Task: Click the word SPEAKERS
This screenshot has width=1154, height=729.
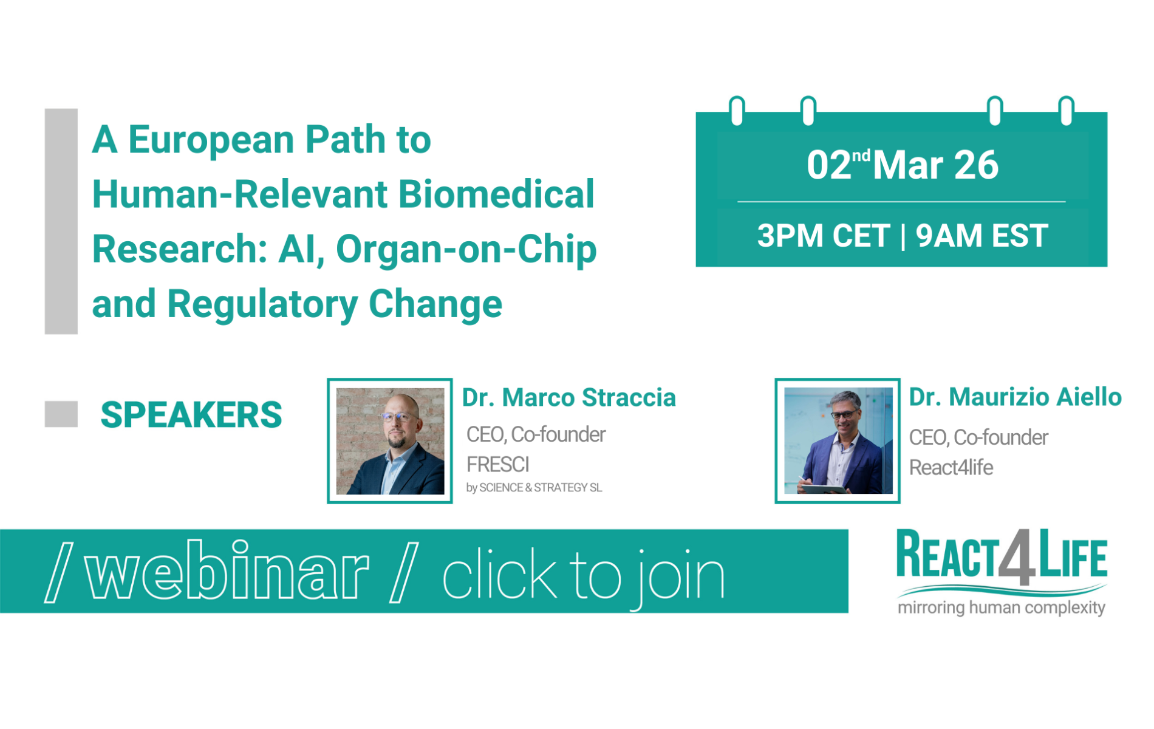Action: pyautogui.click(x=191, y=415)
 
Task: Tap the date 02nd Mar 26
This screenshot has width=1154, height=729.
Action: pyautogui.click(x=903, y=165)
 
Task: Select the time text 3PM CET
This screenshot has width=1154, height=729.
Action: pyautogui.click(x=823, y=236)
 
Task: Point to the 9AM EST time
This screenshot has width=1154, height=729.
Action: pyautogui.click(x=982, y=236)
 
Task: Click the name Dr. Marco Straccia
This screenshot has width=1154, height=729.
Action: pyautogui.click(x=568, y=398)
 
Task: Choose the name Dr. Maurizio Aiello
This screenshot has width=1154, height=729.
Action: pyautogui.click(x=1015, y=397)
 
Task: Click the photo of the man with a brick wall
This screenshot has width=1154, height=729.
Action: pyautogui.click(x=390, y=441)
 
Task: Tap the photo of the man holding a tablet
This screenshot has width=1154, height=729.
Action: pyautogui.click(x=838, y=441)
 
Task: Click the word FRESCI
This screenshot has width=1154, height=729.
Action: pyautogui.click(x=498, y=465)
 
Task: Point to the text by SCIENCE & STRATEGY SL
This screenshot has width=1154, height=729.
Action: pyautogui.click(x=534, y=488)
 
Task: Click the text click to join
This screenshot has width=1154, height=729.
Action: pyautogui.click(x=583, y=575)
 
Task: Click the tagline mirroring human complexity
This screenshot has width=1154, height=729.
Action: pyautogui.click(x=1002, y=607)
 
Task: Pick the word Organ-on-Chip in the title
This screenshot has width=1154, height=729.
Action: pyautogui.click(x=466, y=249)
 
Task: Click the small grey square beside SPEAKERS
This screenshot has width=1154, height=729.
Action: pyautogui.click(x=61, y=414)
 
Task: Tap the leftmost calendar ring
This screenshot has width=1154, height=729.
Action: pyautogui.click(x=737, y=111)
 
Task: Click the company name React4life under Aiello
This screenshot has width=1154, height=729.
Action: pyautogui.click(x=951, y=468)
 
